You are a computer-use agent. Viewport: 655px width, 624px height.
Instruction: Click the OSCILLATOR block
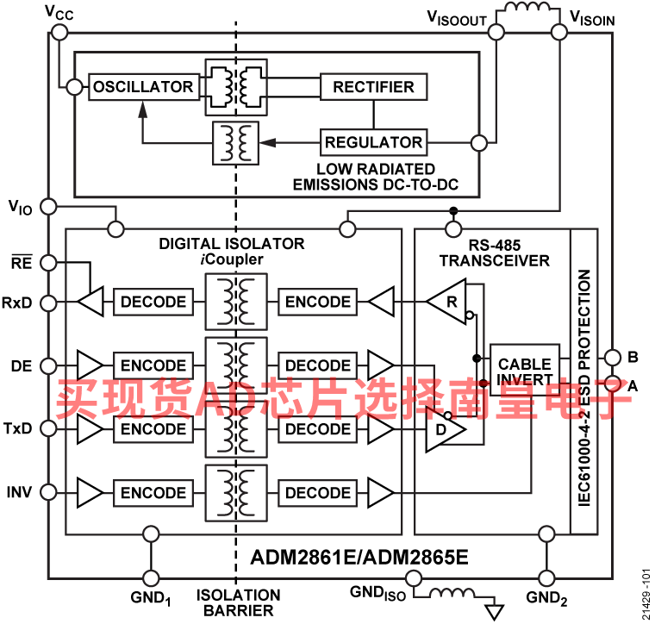tap(144, 87)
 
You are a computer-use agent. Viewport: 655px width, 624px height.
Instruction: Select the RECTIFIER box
tap(373, 87)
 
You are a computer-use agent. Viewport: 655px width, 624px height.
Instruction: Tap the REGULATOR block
tap(373, 142)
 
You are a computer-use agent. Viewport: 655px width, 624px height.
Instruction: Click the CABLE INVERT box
tap(525, 371)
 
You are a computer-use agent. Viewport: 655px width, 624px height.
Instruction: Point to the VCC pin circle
tap(59, 32)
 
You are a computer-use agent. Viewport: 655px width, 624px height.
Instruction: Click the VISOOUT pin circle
tap(496, 32)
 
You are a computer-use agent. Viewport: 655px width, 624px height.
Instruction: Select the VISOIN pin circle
tap(559, 32)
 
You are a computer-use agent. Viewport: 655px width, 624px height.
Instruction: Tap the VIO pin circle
tap(49, 206)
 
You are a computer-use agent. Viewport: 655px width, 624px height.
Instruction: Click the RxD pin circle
tap(49, 303)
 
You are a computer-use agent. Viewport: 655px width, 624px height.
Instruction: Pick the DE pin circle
tap(49, 366)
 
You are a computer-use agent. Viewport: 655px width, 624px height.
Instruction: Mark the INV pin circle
tap(49, 492)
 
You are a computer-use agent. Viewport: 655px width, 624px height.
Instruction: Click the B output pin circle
tap(613, 357)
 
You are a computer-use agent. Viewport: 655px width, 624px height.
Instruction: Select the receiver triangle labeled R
tap(446, 302)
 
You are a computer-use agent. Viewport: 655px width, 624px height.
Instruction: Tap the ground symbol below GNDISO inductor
tap(494, 612)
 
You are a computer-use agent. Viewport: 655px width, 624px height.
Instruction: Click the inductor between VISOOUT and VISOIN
tap(527, 7)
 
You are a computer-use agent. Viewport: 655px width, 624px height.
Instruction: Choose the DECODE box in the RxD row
tap(153, 302)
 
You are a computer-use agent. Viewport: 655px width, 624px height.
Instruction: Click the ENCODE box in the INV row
tap(153, 493)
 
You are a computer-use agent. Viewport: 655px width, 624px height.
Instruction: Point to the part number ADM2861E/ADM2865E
tap(359, 557)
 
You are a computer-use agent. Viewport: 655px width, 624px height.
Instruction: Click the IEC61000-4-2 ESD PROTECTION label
tap(584, 388)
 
